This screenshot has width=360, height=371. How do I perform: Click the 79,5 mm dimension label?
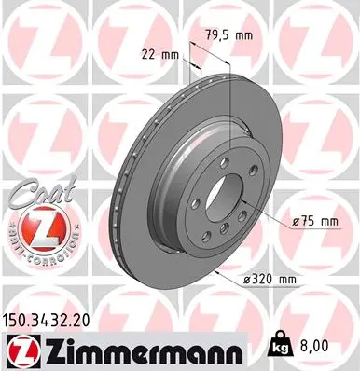[230, 36]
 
